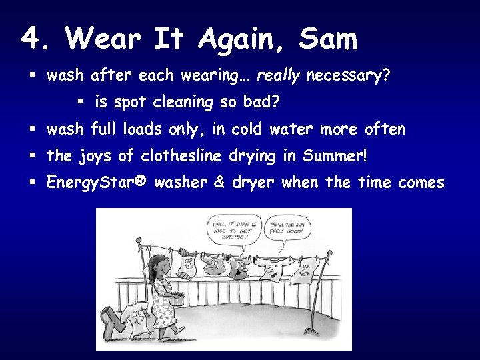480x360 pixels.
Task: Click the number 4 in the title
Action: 30,39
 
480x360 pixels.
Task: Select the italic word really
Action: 278,76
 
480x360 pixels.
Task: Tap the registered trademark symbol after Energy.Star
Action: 139,183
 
